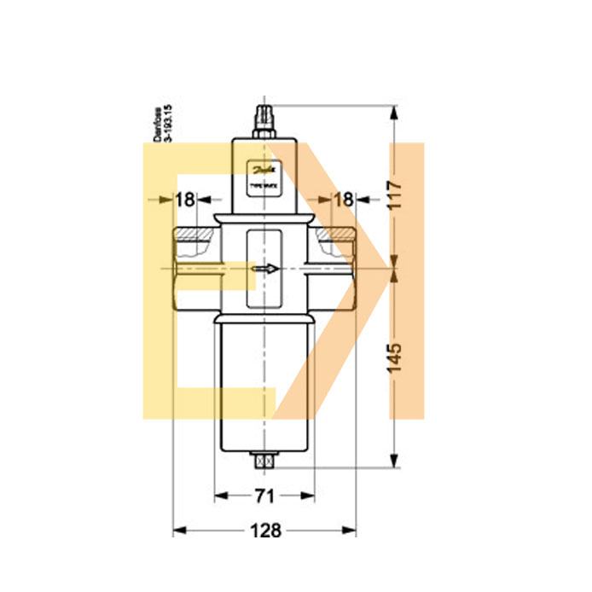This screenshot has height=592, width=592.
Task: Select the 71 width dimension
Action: click(x=264, y=494)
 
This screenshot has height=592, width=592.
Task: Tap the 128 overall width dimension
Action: click(x=265, y=531)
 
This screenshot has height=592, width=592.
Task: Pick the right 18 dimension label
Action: click(x=342, y=200)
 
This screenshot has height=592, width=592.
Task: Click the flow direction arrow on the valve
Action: click(x=265, y=270)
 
